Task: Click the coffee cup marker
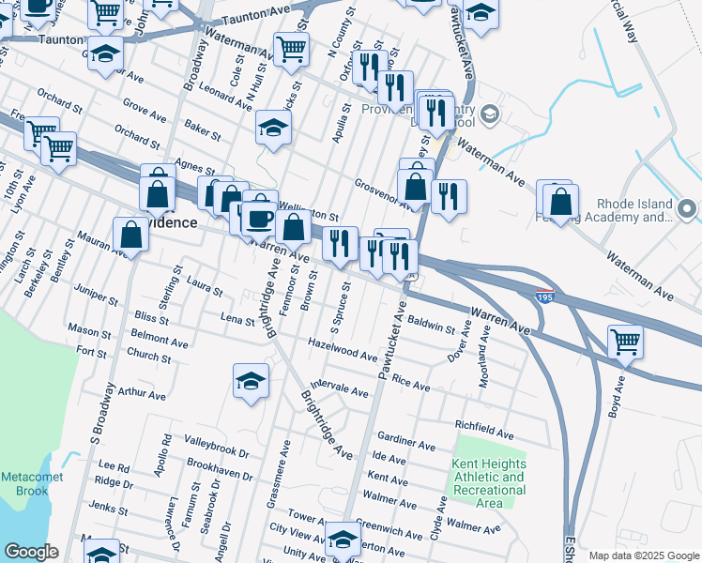point(260,220)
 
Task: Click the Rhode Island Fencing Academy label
point(635,211)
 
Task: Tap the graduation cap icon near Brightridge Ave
point(251,381)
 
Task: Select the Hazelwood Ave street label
point(343,351)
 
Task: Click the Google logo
point(31,552)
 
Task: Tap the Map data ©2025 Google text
point(643,555)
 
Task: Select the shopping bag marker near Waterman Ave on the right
point(561,202)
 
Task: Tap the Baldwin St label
point(432,327)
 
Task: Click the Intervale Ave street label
point(340,388)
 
